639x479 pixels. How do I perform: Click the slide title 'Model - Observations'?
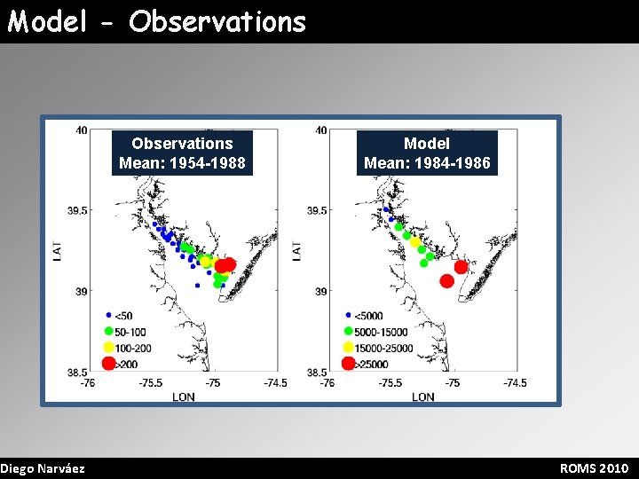157,21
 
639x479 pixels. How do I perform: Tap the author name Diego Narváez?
43,468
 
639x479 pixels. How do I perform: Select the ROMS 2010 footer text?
594,468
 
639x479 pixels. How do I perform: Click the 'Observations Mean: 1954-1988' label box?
182,153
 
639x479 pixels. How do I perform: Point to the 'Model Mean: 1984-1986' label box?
426,153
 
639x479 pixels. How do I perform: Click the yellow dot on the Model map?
414,242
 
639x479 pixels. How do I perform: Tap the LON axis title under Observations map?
183,397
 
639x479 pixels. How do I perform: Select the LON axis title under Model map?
422,397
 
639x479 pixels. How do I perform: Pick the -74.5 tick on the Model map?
514,383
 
